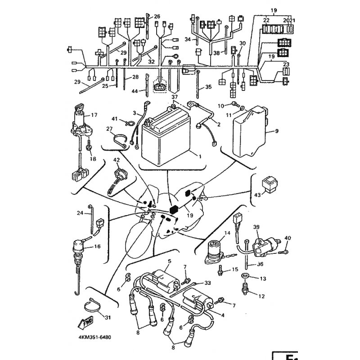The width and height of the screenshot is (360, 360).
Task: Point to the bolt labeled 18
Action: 89,147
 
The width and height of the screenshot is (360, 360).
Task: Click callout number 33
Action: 207,283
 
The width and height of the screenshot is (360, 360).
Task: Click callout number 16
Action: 98,247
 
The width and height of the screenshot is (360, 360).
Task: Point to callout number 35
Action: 208,87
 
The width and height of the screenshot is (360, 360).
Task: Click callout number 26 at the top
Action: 157,17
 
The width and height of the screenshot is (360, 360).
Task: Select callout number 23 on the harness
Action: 286,64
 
